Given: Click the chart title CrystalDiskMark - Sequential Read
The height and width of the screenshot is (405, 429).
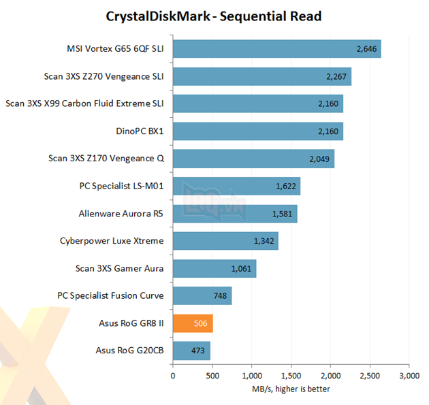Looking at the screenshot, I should click(214, 16).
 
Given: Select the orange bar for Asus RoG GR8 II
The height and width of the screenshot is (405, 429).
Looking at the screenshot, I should click(193, 323).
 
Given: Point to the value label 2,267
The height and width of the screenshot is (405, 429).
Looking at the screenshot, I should click(336, 76).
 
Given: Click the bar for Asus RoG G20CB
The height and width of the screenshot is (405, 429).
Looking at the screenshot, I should click(191, 351).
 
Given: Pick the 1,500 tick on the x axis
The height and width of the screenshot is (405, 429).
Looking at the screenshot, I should click(291, 375).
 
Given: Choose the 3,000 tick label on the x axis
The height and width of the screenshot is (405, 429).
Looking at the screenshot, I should click(409, 375).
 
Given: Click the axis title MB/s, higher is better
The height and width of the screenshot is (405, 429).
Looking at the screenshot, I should click(291, 390).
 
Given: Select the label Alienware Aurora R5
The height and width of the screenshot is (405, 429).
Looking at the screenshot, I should click(121, 213).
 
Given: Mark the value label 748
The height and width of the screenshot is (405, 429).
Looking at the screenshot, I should click(220, 296).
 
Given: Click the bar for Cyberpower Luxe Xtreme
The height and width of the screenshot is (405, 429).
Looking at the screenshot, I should click(225, 241).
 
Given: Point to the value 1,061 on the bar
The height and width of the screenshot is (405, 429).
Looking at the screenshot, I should click(241, 269).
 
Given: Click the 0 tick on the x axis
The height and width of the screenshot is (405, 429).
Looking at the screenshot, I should click(173, 375).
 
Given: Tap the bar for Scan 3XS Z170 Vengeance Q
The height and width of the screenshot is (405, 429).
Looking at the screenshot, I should click(253, 159).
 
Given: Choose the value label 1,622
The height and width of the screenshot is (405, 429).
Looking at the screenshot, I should click(286, 186).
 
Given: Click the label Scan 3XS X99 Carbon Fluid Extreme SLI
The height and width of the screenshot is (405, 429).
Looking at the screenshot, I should click(85, 103).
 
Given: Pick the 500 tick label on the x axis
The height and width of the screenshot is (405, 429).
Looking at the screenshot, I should click(212, 375).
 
